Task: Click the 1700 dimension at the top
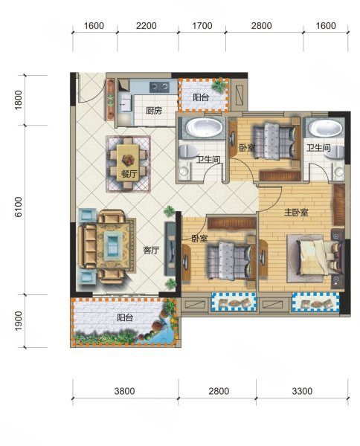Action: coord(202,26)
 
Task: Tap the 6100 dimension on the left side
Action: coord(18,207)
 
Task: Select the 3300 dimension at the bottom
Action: coord(302,391)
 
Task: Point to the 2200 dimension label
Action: coord(147,26)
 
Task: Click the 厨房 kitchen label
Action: coord(154,110)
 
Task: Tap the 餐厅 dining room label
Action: coord(129,173)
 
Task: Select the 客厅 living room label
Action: coord(151,251)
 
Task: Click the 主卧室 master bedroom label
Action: coord(296,212)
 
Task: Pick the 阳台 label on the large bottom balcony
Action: coord(125,317)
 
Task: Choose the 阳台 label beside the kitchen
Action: coord(201,97)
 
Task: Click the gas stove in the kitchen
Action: coord(160,87)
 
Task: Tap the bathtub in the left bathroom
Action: coord(205,128)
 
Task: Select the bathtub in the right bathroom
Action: coord(326,128)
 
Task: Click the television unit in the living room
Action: coord(170,248)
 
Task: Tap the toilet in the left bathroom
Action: coord(188,151)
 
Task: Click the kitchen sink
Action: coord(125,103)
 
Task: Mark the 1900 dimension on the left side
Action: coord(18,321)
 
